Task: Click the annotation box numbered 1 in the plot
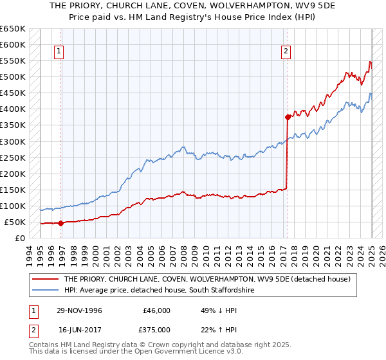pyautogui.click(x=59, y=53)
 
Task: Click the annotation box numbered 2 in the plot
pyautogui.click(x=285, y=53)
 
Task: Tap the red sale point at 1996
pyautogui.click(x=60, y=223)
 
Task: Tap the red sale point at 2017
pyautogui.click(x=288, y=117)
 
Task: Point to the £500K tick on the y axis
pyautogui.click(x=13, y=77)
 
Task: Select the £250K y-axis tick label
pyautogui.click(x=13, y=157)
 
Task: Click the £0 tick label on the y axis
pyautogui.click(x=21, y=238)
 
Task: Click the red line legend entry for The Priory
pyautogui.click(x=207, y=279)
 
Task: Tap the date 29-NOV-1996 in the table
pyautogui.click(x=80, y=310)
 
